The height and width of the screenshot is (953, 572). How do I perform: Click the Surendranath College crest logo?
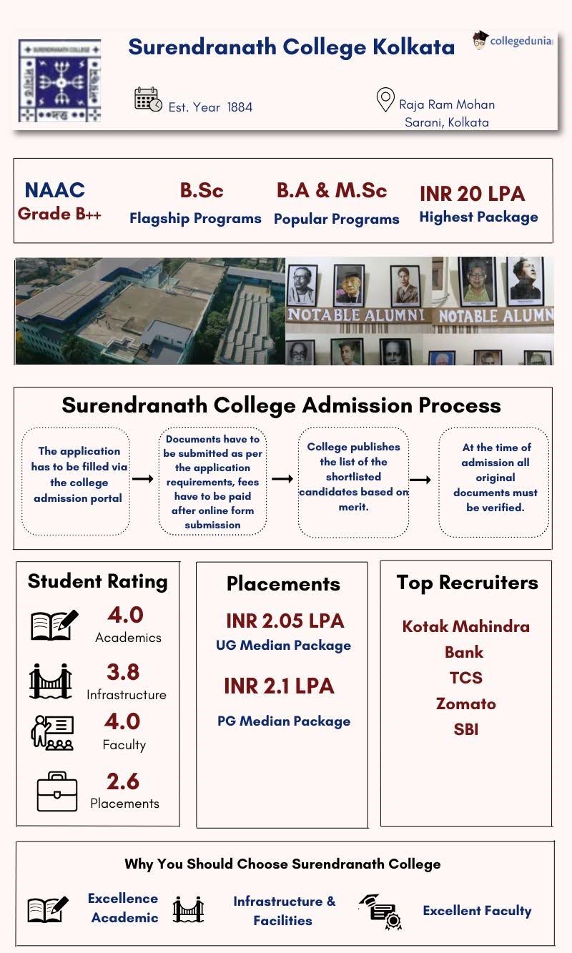click(x=59, y=81)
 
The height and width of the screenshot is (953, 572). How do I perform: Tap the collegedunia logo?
click(x=513, y=41)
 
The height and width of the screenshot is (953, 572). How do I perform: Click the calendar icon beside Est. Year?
click(x=148, y=99)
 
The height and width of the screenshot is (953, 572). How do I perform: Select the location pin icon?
click(x=385, y=100)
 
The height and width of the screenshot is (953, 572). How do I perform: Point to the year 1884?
click(x=240, y=107)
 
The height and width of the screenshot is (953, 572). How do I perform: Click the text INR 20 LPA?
click(x=472, y=194)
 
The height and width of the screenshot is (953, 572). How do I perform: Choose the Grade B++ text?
click(x=59, y=214)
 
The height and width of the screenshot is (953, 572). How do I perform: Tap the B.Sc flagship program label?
click(x=202, y=191)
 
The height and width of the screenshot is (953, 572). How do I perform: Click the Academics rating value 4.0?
click(x=125, y=615)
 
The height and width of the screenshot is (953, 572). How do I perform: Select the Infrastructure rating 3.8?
click(x=123, y=672)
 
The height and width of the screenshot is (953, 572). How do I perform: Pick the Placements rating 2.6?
click(x=123, y=781)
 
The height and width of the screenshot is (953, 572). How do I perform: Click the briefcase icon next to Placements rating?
click(x=56, y=791)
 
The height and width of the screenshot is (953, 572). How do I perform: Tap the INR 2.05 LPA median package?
click(x=285, y=621)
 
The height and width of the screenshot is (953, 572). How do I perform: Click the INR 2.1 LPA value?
click(x=279, y=686)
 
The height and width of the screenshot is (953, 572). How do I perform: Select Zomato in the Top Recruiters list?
click(x=465, y=703)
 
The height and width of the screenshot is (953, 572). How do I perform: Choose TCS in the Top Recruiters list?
click(x=465, y=678)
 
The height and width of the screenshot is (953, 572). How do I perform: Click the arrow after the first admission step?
click(x=143, y=478)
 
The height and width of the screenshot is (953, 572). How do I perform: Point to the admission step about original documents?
click(x=495, y=478)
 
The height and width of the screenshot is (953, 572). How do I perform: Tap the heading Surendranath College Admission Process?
click(x=281, y=405)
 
